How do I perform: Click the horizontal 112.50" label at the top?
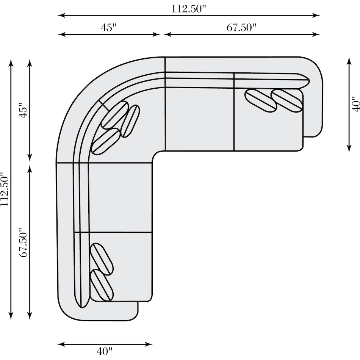pos(189,8)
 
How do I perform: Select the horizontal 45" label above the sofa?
pos(109,27)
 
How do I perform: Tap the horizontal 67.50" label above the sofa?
pos(241,27)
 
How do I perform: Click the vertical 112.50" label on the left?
pos(5,189)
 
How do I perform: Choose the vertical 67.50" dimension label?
pos(23,243)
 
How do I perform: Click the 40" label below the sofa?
pos(105,351)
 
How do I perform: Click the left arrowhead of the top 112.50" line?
pos(61,16)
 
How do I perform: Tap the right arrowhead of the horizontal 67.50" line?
pos(316,34)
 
